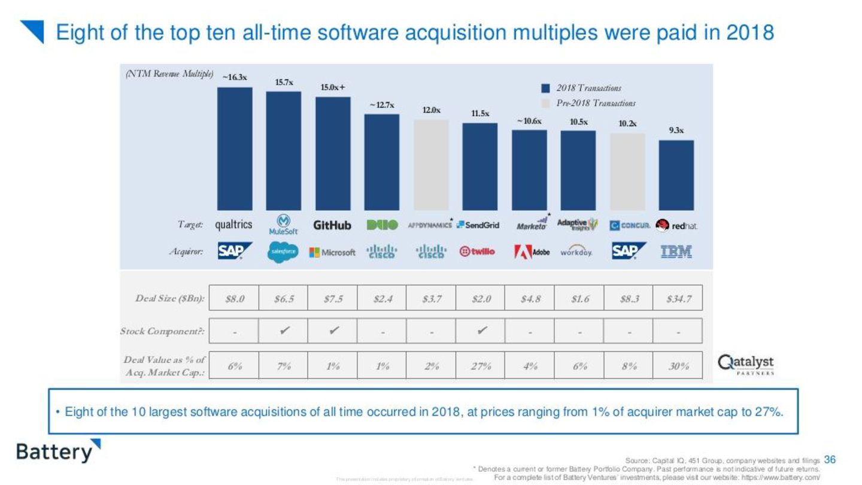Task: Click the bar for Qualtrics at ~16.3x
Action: click(x=234, y=148)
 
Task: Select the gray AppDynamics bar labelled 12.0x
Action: click(x=431, y=165)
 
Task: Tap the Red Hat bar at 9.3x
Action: click(x=676, y=175)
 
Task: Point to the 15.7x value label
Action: click(x=284, y=83)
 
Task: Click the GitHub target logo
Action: click(x=332, y=226)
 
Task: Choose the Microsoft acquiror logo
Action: click(x=332, y=252)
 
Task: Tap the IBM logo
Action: click(x=676, y=252)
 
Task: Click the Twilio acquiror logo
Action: click(x=477, y=252)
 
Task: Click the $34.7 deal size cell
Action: click(x=678, y=298)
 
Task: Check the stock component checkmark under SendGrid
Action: click(x=480, y=331)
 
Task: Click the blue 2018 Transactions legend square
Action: click(x=545, y=88)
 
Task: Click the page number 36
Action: click(x=829, y=459)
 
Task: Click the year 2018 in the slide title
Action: click(x=750, y=32)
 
